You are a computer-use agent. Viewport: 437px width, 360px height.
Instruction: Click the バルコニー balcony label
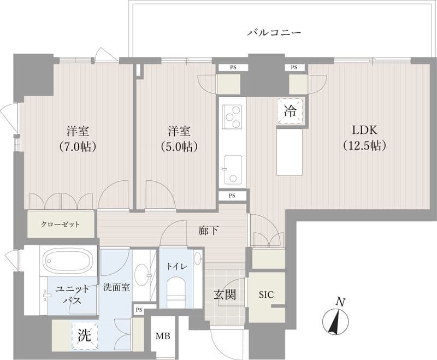275,33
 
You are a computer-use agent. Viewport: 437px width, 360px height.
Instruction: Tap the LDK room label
364,130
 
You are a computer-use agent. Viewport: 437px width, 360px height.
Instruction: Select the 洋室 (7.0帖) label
78,139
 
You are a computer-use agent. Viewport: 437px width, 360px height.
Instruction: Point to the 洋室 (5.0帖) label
179,139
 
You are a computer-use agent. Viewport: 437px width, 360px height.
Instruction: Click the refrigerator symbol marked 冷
290,110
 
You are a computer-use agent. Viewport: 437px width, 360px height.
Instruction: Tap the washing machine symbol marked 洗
85,335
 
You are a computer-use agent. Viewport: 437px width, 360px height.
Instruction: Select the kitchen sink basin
233,169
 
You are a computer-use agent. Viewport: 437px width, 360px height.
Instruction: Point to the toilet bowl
176,292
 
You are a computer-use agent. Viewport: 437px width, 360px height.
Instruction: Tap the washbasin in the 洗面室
141,275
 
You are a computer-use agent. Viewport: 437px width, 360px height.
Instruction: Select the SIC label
266,294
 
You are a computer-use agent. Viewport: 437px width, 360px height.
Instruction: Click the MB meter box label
163,337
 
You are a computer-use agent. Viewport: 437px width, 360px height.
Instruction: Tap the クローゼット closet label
60,225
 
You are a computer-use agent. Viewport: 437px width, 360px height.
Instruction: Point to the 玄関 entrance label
225,294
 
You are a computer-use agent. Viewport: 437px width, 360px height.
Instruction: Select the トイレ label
176,267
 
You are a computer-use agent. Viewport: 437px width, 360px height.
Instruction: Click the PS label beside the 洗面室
139,310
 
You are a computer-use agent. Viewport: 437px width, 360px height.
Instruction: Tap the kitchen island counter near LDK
290,150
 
